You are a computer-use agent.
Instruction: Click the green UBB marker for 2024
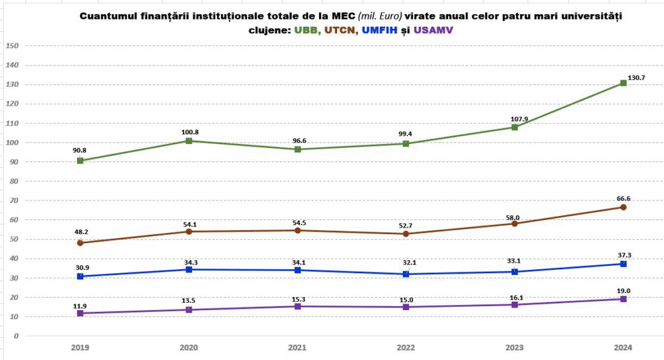[623, 83]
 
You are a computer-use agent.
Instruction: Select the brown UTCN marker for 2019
[80, 243]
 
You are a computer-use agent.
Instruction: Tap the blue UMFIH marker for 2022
[406, 274]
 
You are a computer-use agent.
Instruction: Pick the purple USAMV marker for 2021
[297, 306]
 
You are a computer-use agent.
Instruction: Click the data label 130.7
[637, 77]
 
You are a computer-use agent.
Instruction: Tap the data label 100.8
[189, 132]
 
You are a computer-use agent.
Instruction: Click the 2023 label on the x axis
[514, 347]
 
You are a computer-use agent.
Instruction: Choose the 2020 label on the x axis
[189, 347]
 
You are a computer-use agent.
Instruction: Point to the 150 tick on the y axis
[12, 46]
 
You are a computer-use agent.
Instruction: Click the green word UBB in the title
[307, 30]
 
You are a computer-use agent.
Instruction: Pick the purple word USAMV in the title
[433, 30]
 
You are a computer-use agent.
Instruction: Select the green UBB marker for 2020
[189, 141]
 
